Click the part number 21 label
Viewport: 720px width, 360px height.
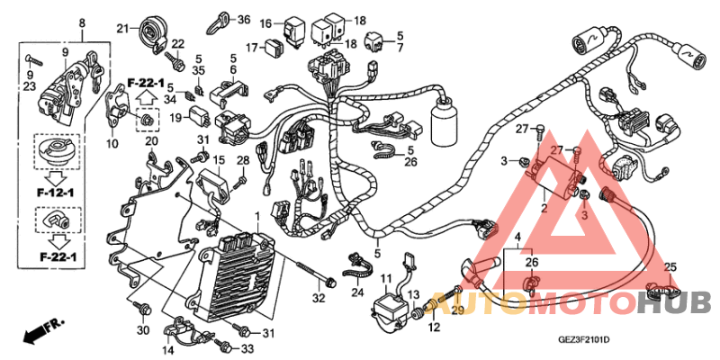click(123, 27)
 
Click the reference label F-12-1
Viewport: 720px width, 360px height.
click(56, 192)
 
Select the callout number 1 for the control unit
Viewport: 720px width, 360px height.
click(257, 217)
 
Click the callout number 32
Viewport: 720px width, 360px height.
click(318, 298)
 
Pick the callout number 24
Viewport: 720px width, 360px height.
click(357, 292)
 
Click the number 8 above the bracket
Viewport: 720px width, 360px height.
click(83, 22)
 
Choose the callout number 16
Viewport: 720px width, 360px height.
click(266, 22)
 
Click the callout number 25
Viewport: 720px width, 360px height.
click(669, 267)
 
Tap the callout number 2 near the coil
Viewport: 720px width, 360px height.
click(544, 208)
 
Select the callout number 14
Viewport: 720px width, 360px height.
click(168, 350)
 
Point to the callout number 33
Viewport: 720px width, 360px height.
click(248, 348)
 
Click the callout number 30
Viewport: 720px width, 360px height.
click(143, 330)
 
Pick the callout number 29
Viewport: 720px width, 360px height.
click(457, 310)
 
